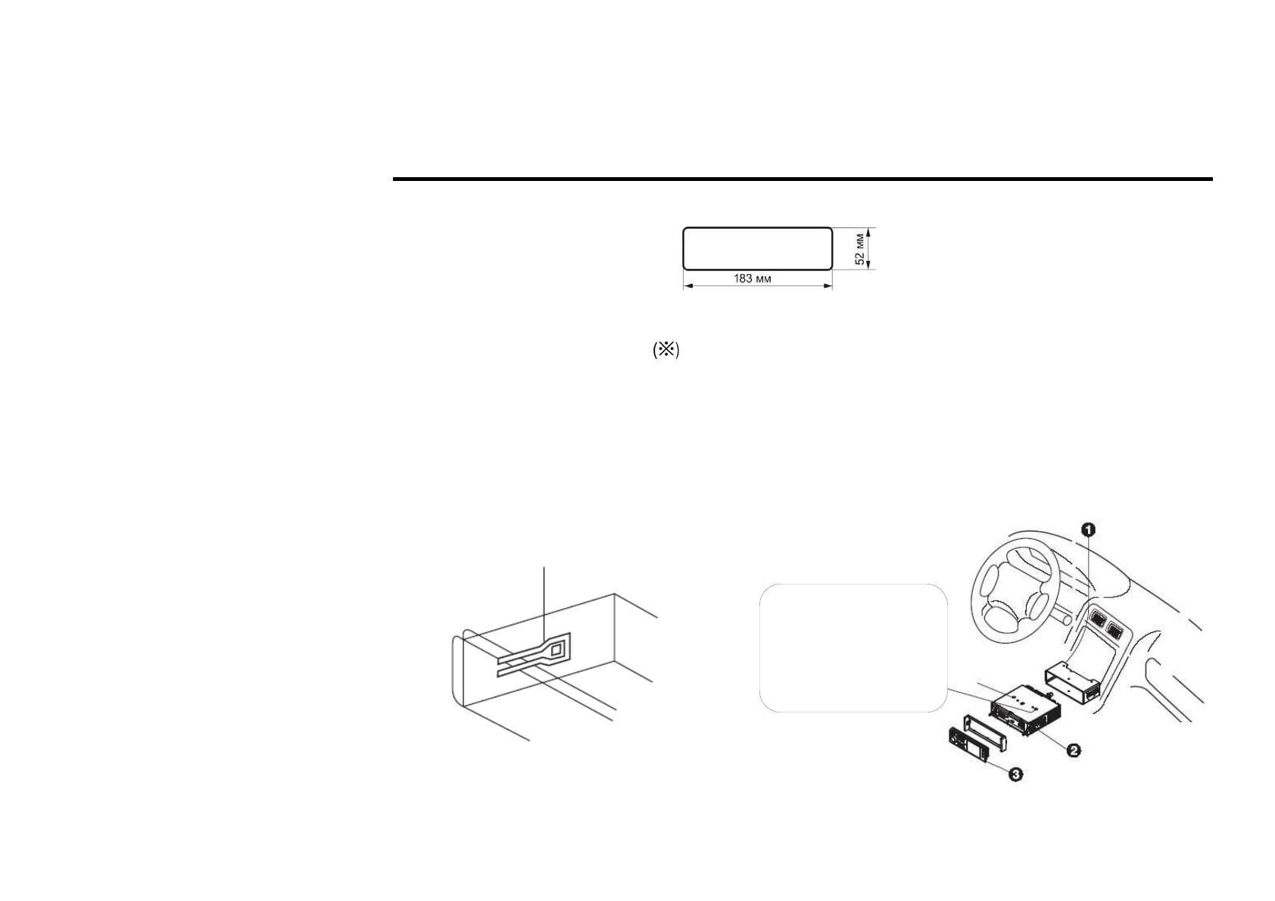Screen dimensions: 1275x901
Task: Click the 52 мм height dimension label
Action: [859, 248]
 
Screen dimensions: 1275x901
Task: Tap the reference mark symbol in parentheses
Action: [666, 350]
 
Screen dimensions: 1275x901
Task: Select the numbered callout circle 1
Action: [1087, 529]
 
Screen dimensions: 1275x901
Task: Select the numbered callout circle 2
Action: [1073, 750]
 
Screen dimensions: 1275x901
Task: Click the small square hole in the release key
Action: [556, 650]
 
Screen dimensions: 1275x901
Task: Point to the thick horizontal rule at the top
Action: [803, 179]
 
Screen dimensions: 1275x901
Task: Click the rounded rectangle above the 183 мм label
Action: [757, 248]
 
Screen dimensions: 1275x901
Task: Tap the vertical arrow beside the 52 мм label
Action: [869, 248]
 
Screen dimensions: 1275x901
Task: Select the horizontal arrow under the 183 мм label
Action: [757, 286]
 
